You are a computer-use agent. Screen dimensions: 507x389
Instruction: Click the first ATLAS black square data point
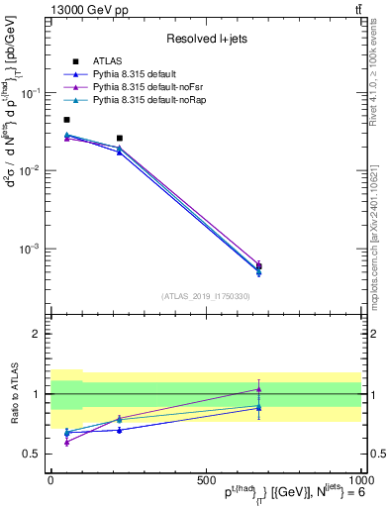pos(66,120)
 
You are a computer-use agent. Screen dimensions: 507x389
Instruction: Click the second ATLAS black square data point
pos(120,139)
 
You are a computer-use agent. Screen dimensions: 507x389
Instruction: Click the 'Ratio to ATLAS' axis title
pos(13,393)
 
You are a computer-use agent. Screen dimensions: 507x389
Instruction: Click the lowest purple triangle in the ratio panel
pos(66,443)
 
